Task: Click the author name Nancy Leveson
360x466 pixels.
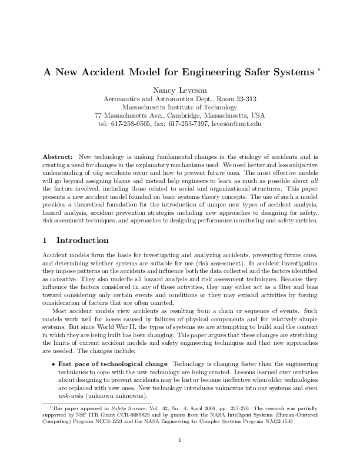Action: [x=179, y=90]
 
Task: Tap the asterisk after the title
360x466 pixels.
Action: [x=318, y=70]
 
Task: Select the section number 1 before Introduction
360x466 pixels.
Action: [x=45, y=240]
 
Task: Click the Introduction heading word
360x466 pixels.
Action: [x=82, y=240]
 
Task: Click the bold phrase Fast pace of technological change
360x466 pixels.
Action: [x=112, y=365]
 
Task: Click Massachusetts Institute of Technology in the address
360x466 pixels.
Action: [x=179, y=107]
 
